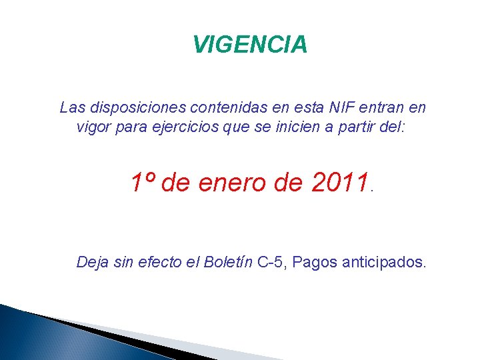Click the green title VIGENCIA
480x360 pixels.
250,45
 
